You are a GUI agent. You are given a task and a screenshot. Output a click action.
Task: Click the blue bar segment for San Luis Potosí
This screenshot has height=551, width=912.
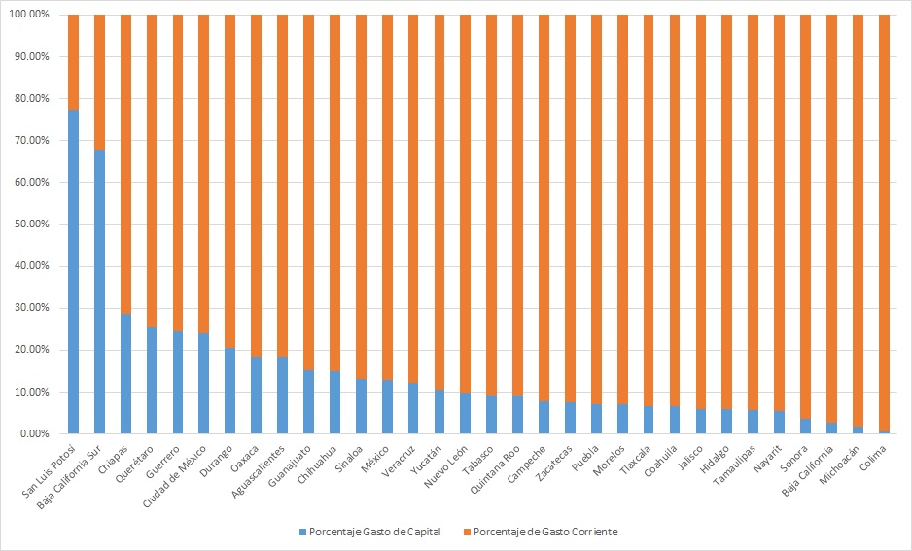73,272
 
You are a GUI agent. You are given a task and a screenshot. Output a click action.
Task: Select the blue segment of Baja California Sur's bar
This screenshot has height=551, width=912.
99,292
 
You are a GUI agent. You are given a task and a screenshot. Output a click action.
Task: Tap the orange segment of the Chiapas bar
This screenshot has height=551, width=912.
125,165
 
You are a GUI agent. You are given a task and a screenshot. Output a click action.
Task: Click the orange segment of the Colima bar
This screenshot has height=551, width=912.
883,224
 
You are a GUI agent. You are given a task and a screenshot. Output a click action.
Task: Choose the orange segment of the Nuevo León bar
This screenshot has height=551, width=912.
465,204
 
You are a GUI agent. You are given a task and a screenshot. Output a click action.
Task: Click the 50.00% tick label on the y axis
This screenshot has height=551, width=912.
35,224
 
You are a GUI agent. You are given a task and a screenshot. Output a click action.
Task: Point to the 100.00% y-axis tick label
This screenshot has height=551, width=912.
33,16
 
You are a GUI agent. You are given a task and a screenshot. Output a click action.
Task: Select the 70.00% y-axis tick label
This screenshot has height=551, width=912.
35,141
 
